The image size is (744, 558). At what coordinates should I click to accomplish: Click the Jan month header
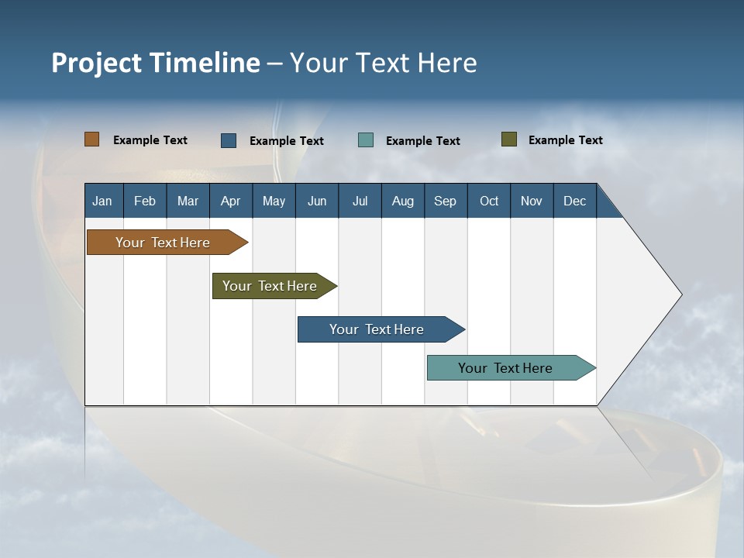click(x=102, y=201)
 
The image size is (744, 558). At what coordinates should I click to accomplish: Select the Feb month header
click(x=145, y=201)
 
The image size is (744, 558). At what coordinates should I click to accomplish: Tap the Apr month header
click(x=230, y=201)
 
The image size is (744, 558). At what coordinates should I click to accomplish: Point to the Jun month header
click(x=317, y=201)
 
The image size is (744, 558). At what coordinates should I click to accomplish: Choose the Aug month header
click(x=402, y=201)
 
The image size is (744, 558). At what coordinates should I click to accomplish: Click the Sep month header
click(x=445, y=201)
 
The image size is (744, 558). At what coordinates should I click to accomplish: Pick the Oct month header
click(x=489, y=201)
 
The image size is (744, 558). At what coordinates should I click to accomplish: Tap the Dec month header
click(x=574, y=201)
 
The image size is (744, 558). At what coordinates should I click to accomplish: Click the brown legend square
click(x=91, y=139)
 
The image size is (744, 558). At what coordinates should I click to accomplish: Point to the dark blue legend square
click(x=229, y=140)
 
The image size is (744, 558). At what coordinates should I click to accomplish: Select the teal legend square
click(x=366, y=140)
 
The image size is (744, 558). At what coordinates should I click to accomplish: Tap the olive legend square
click(x=509, y=139)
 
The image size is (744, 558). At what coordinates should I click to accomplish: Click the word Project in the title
click(x=96, y=63)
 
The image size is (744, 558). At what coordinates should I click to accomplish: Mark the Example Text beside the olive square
click(x=565, y=140)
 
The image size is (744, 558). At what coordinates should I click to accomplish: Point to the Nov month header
click(x=532, y=201)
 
